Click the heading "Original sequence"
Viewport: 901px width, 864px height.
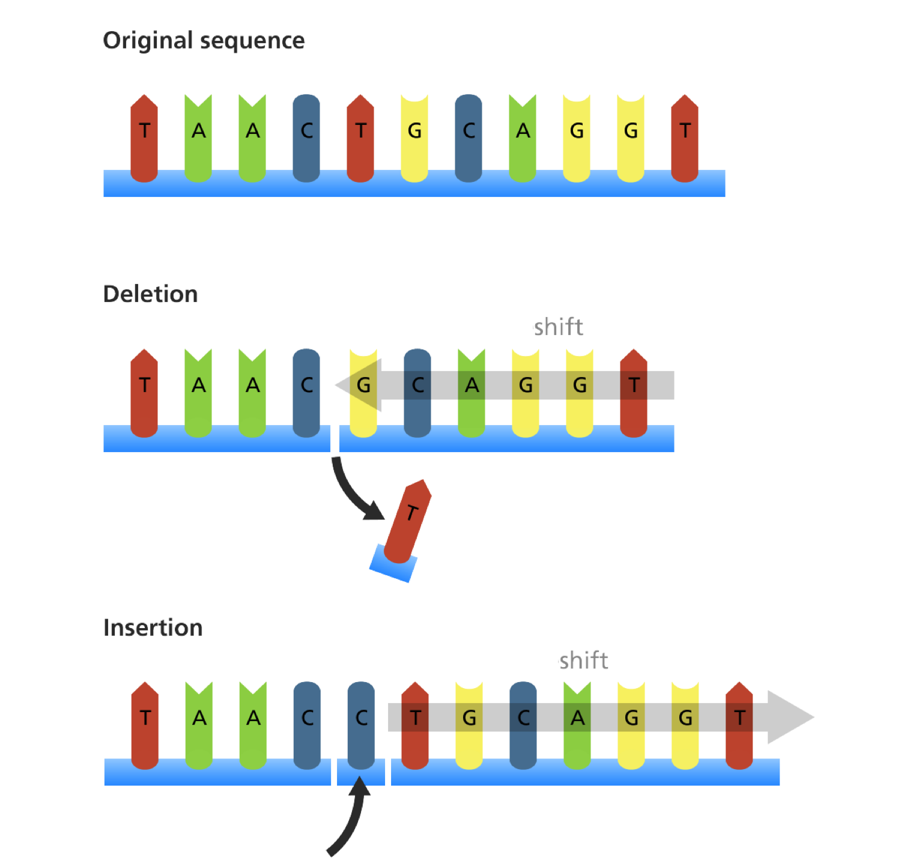204,41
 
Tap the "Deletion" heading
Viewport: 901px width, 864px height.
150,294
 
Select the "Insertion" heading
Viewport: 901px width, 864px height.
153,627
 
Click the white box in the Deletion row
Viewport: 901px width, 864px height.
478,316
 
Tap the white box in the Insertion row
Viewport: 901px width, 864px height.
503,649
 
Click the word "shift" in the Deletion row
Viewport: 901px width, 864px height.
559,327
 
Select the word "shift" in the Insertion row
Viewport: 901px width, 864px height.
584,660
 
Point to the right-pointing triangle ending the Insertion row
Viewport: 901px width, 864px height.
790,717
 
